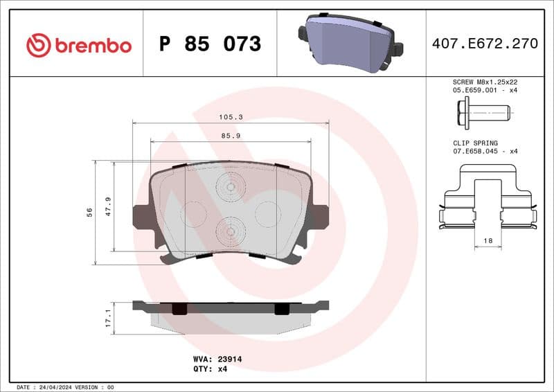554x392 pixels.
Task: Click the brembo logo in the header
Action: coord(78,45)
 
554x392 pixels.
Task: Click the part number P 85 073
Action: coord(210,44)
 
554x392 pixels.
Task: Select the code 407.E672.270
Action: coord(484,44)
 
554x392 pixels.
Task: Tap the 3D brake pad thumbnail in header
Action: coord(350,44)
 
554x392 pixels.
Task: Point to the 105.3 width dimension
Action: coord(231,118)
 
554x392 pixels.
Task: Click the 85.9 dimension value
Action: coord(231,136)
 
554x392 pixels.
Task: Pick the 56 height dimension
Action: coord(89,213)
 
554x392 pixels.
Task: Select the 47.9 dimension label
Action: coord(108,206)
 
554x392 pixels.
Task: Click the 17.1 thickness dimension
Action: coord(108,318)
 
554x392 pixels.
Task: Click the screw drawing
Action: coord(483,111)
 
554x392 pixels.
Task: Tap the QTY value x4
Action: coord(222,369)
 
